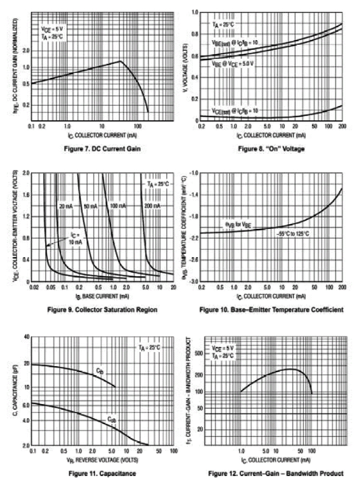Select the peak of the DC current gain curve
tap(120, 61)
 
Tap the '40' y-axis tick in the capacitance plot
tap(26, 336)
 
